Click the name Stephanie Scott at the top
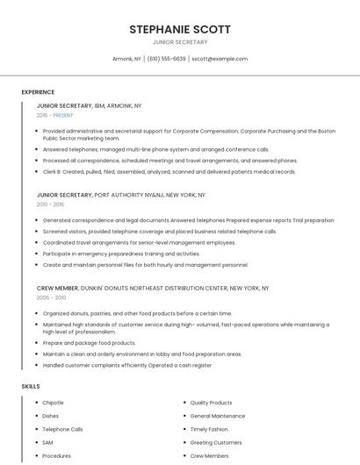click(180, 29)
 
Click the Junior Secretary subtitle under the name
click(180, 42)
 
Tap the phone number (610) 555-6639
click(166, 59)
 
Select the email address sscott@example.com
click(220, 59)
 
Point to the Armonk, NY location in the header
click(126, 59)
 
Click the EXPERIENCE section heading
click(38, 92)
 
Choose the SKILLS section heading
click(30, 386)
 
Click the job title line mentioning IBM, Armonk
click(89, 105)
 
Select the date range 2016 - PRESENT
click(56, 115)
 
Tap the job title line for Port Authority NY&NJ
click(120, 195)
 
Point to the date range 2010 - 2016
click(50, 204)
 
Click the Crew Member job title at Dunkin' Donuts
click(152, 288)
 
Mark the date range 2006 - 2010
click(50, 297)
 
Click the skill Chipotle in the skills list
click(54, 403)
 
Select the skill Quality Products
click(211, 403)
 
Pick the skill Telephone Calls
click(62, 430)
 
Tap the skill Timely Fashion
click(209, 430)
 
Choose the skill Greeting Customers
click(215, 443)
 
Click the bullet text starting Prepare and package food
click(89, 343)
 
